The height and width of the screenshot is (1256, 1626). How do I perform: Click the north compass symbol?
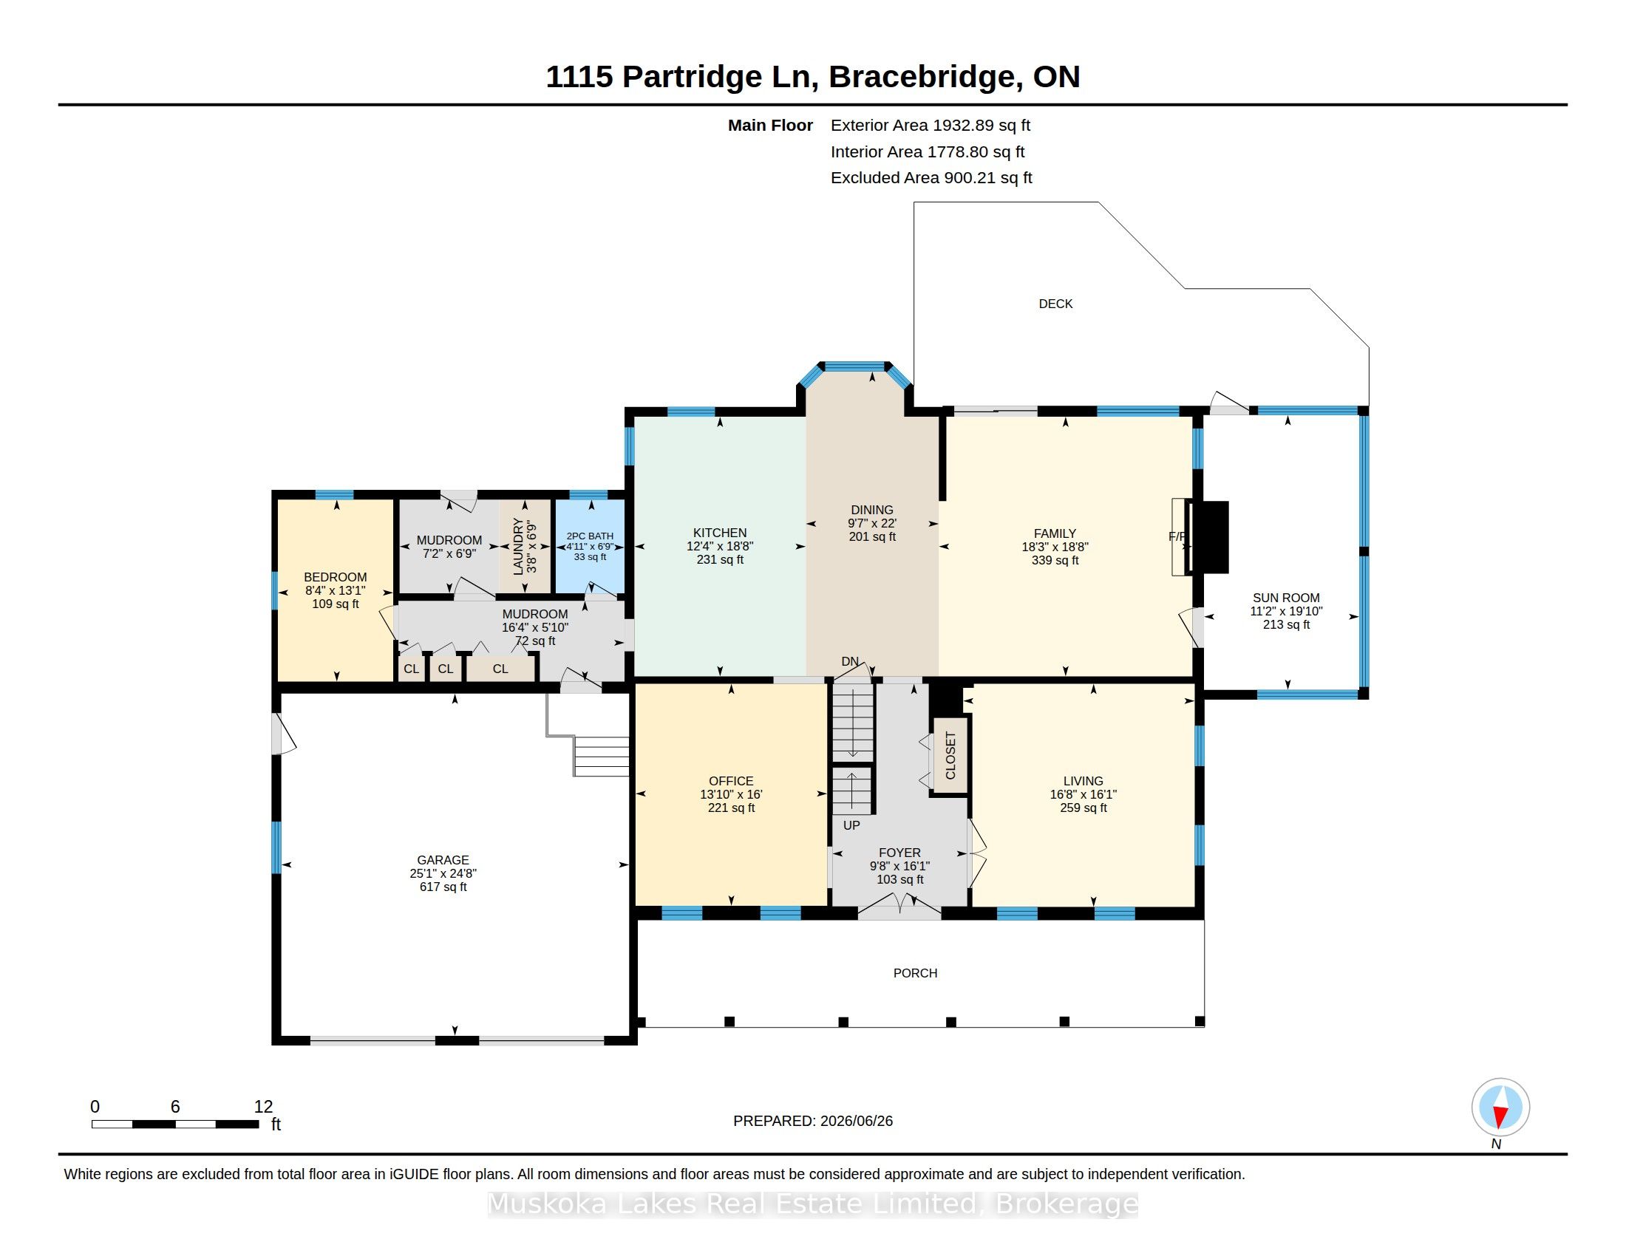tap(1500, 1107)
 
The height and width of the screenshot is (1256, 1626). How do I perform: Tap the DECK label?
tap(1055, 304)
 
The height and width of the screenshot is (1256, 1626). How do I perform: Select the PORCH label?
tap(915, 973)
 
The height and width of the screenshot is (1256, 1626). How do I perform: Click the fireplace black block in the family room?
tap(1207, 536)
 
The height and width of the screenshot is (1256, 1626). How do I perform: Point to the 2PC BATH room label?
tap(590, 536)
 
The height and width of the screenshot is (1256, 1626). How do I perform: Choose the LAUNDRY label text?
tap(518, 546)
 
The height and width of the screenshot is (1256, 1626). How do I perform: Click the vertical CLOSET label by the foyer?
tap(950, 755)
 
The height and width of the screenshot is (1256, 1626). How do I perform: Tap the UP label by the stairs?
tap(851, 825)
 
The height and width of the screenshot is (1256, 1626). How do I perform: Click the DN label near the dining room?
tap(849, 661)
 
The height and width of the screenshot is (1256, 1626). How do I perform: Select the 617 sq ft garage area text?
tap(443, 887)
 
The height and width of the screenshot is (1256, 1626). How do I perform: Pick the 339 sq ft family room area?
tap(1055, 560)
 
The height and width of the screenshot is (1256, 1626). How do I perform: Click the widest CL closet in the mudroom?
tap(500, 668)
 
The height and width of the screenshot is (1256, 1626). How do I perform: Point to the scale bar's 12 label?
tap(263, 1107)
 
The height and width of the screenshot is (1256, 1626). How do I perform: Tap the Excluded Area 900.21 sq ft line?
tap(931, 178)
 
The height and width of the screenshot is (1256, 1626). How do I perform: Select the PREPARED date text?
tap(812, 1121)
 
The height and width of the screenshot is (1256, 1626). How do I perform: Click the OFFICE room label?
tap(730, 780)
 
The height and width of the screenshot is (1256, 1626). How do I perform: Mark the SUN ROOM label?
tap(1286, 598)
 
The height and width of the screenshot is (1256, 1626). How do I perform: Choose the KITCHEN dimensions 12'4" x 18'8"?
tap(719, 546)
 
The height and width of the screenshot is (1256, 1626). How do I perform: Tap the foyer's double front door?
tap(899, 905)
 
